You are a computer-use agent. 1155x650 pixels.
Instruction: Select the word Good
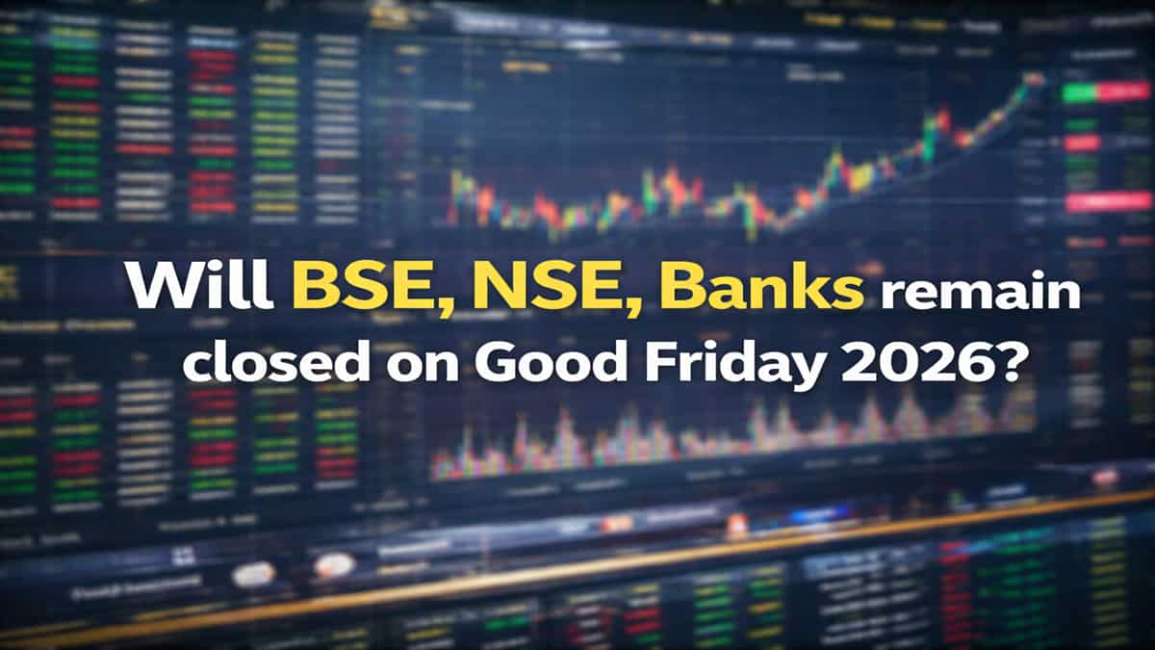pyautogui.click(x=552, y=365)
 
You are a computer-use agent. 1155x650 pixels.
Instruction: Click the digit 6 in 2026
pyautogui.click(x=984, y=365)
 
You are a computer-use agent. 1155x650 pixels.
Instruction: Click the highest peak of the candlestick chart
pyautogui.click(x=1034, y=79)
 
